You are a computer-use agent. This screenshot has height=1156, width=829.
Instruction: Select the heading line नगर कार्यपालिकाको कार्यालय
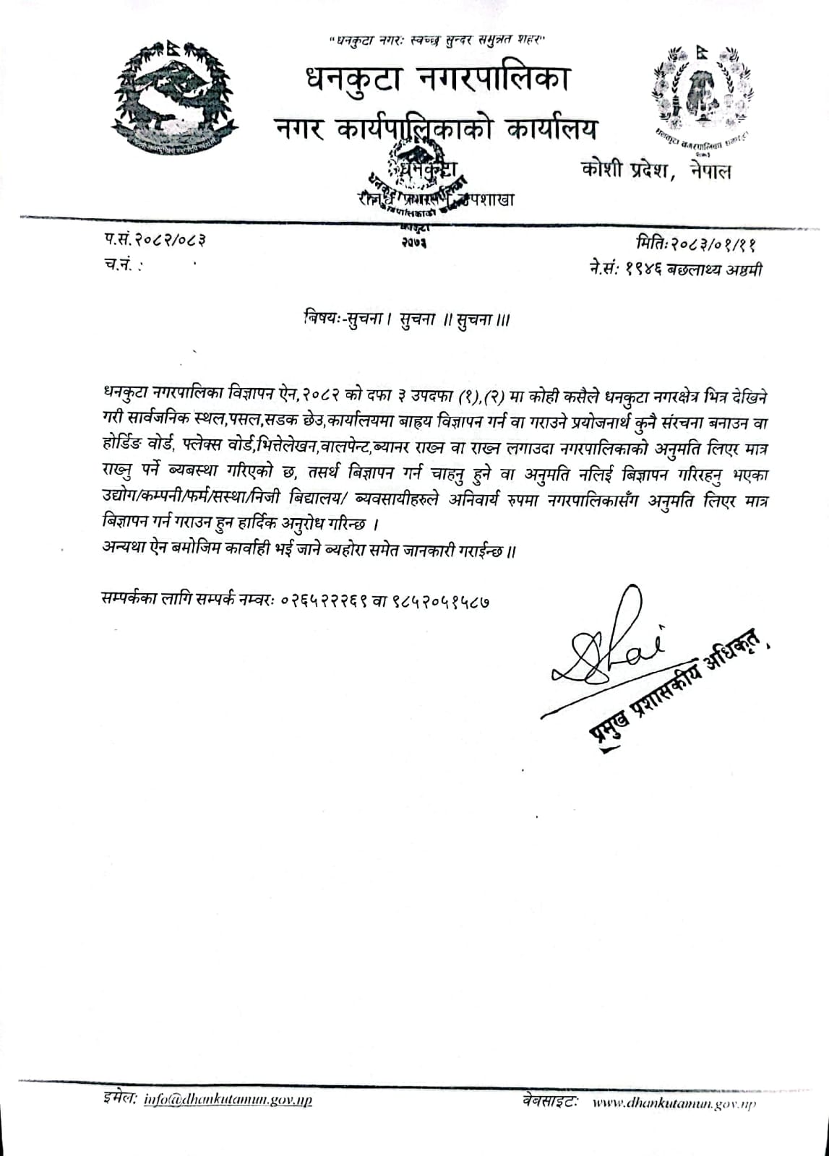(x=437, y=130)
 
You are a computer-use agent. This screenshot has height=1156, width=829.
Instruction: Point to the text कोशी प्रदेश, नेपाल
(x=656, y=171)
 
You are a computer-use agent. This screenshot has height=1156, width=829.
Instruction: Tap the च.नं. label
(x=120, y=266)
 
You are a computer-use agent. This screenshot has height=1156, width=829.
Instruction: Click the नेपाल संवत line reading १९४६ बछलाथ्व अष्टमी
(x=675, y=269)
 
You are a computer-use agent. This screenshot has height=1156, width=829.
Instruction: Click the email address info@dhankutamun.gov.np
(x=228, y=1100)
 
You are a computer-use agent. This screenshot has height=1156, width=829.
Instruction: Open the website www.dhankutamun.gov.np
(x=674, y=1103)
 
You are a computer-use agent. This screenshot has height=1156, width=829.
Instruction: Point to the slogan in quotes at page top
(x=437, y=42)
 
